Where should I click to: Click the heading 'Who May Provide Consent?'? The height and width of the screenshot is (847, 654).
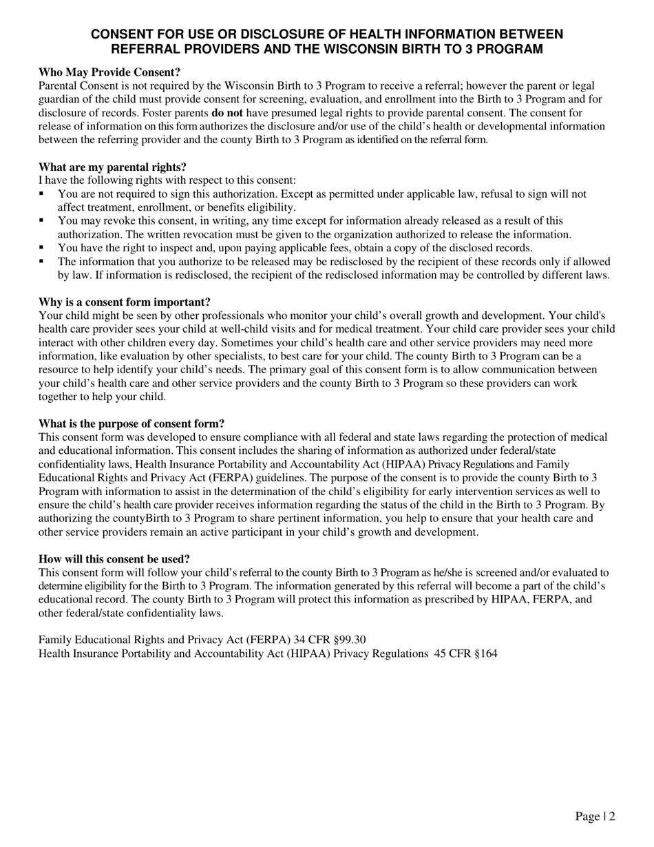coord(109,72)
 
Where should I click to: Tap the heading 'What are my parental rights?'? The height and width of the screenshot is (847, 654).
coord(112,167)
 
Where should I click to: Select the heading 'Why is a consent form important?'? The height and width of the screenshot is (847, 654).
coord(125,302)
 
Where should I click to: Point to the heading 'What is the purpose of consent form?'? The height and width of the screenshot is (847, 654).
coord(131,423)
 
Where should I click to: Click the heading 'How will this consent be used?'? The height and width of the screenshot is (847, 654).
coord(114,558)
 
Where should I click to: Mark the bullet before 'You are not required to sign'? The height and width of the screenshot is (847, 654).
coord(42,194)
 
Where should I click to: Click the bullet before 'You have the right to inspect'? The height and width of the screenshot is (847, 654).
coord(42,248)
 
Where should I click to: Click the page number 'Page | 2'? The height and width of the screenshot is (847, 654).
coord(595,816)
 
